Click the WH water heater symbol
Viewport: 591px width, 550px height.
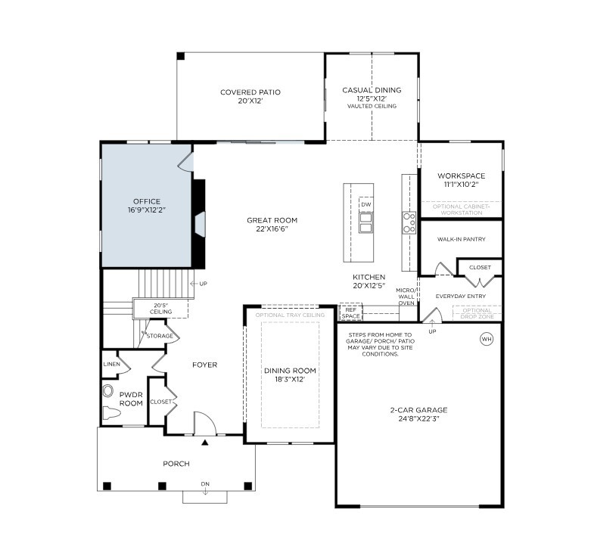(x=486, y=339)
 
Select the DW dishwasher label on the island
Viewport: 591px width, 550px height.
(x=365, y=205)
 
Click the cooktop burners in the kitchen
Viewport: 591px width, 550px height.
(x=409, y=222)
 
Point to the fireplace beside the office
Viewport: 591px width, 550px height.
(x=199, y=225)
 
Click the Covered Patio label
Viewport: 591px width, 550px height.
(x=250, y=92)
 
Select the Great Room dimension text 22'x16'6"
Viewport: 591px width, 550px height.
(x=272, y=229)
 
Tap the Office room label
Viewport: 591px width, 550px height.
(x=146, y=201)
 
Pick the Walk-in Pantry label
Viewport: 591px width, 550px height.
(x=461, y=239)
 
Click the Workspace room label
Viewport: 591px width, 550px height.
(x=461, y=176)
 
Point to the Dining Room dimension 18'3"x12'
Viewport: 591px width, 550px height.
(x=289, y=380)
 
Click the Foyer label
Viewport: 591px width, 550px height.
(x=204, y=365)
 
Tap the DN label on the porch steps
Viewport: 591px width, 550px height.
(x=204, y=484)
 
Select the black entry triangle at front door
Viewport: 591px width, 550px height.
(x=205, y=441)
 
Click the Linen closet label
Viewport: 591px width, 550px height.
(x=111, y=364)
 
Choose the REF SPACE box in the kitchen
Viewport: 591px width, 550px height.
(x=350, y=312)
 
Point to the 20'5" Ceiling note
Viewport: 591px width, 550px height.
(x=160, y=308)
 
